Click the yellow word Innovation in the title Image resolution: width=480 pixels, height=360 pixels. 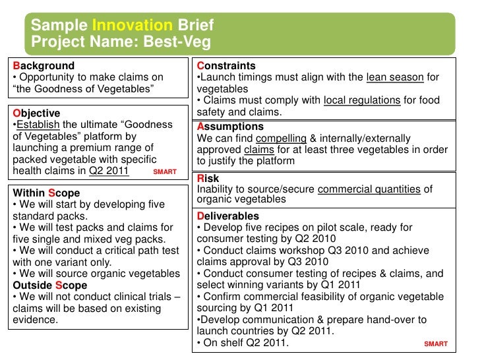tap(131, 26)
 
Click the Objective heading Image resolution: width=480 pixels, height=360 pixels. tap(36, 113)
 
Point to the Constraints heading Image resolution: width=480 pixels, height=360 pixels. tap(226, 66)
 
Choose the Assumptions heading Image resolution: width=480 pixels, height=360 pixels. tap(230, 126)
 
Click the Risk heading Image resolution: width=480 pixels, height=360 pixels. tap(208, 179)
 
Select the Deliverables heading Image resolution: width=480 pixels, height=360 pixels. tap(227, 216)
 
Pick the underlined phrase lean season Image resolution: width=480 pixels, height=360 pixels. tap(394, 77)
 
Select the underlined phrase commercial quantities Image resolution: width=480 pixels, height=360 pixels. tap(369, 189)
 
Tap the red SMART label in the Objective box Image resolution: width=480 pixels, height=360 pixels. tap(164, 172)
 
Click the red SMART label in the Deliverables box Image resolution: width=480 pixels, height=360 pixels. tap(436, 344)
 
